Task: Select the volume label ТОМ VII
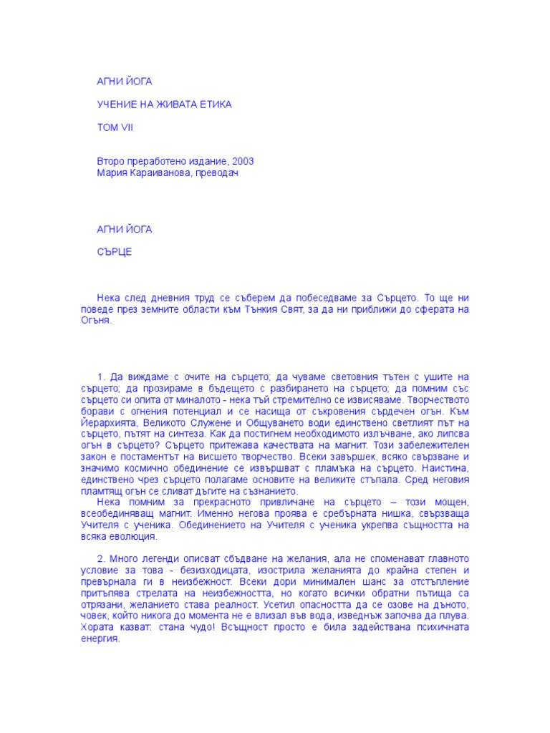(x=115, y=128)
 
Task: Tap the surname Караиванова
(x=164, y=173)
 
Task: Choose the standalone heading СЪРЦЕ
(x=115, y=253)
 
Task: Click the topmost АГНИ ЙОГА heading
(x=124, y=81)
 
